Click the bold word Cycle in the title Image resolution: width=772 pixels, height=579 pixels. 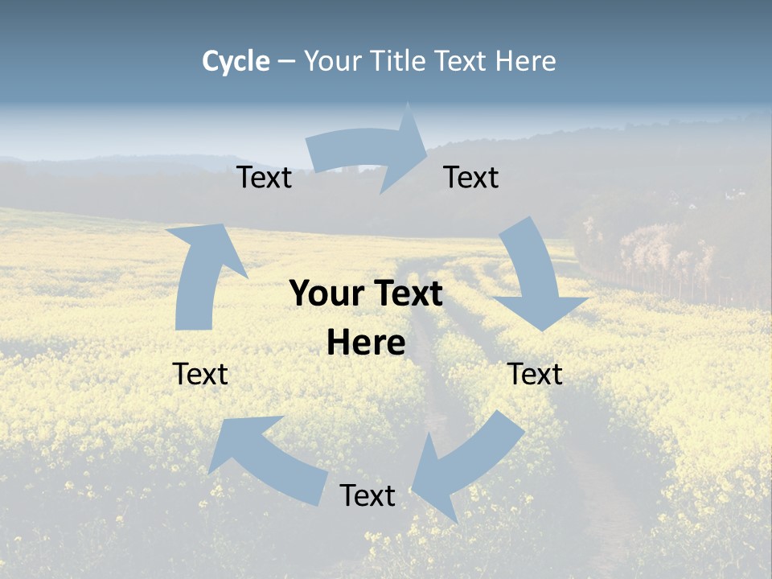(x=236, y=61)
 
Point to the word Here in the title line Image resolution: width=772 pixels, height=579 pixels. (x=526, y=61)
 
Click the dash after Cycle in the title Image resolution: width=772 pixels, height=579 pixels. (x=286, y=62)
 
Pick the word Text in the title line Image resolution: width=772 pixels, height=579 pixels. (x=462, y=61)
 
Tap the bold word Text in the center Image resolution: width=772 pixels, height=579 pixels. (x=404, y=294)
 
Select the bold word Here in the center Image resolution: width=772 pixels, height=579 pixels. (x=366, y=343)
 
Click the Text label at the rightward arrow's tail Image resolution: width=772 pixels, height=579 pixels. (x=265, y=178)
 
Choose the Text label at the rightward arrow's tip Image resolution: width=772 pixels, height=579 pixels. (x=471, y=178)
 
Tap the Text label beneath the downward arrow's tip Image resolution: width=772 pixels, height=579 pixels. (x=536, y=374)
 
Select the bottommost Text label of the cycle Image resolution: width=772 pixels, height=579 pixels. (x=368, y=495)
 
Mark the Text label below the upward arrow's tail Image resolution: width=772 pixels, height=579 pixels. (x=200, y=374)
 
